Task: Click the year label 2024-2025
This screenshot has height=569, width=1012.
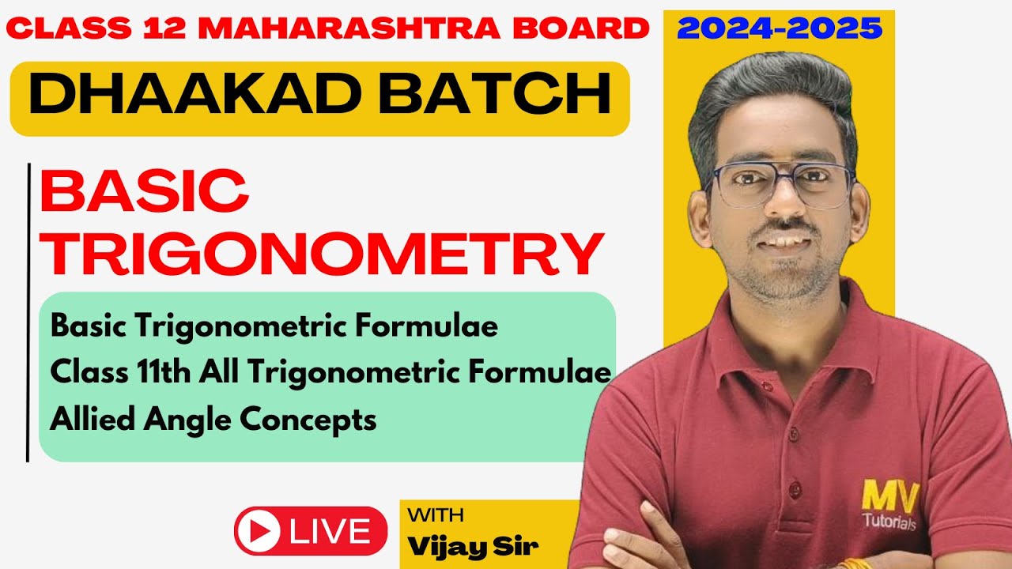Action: click(780, 29)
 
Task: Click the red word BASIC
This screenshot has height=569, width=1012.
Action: click(145, 192)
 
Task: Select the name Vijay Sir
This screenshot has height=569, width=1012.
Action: click(473, 546)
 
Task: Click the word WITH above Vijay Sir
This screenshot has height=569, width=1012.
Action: click(436, 516)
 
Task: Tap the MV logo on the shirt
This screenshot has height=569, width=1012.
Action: click(890, 497)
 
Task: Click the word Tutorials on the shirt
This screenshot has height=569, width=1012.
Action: click(889, 522)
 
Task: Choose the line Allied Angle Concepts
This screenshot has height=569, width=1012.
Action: click(213, 420)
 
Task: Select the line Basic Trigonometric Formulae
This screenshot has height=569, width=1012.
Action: click(274, 326)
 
